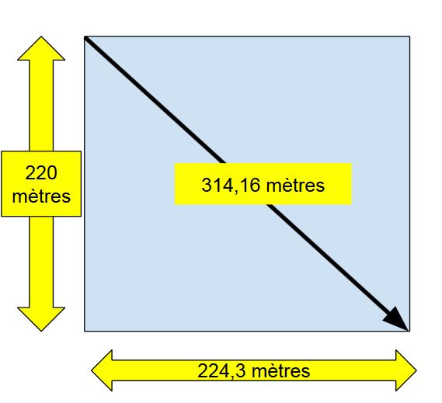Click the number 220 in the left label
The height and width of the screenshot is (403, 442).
41,172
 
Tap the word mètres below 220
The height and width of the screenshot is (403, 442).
41,196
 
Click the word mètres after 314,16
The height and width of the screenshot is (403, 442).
295,186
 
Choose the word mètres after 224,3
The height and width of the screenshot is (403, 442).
280,371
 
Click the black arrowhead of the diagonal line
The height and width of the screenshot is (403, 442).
396,318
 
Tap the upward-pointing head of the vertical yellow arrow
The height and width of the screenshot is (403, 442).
41,48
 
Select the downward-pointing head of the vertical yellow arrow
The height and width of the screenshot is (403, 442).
41,319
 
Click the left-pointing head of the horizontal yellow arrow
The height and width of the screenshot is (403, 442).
102,370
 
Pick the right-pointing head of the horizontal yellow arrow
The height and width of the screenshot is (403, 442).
406,370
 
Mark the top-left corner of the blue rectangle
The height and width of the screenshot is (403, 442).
85,36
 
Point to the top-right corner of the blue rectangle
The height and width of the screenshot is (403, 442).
409,36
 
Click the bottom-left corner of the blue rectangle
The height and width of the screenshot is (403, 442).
85,331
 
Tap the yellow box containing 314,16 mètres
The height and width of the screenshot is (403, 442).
263,184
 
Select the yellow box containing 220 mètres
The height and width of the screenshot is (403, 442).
41,184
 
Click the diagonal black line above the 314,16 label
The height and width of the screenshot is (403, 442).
155,100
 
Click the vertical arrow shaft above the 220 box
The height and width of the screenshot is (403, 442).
41,106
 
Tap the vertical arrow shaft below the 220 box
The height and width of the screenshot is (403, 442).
41,262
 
